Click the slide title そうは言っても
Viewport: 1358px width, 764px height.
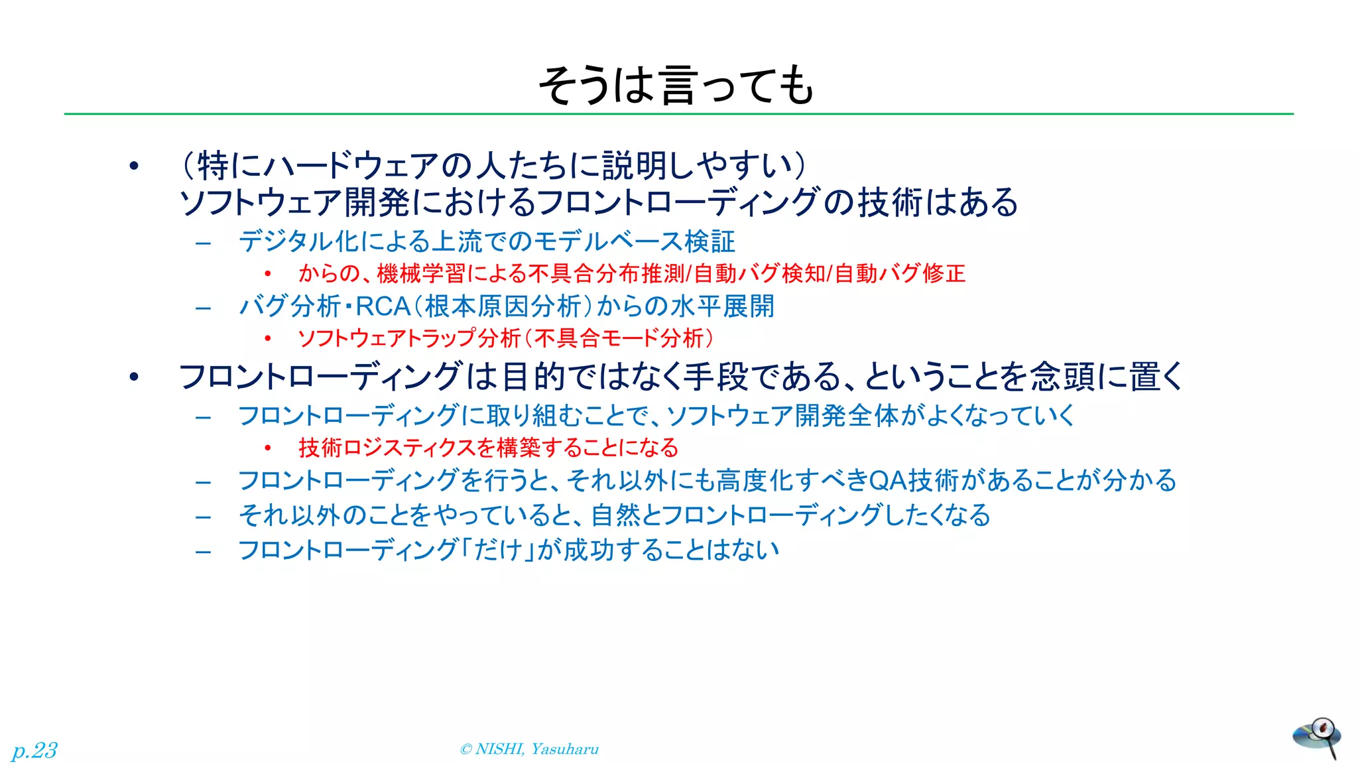click(x=676, y=86)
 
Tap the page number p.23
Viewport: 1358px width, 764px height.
click(x=34, y=750)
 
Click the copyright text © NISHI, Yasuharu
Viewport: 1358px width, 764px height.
click(x=529, y=749)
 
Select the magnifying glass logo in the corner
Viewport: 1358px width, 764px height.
click(x=1317, y=737)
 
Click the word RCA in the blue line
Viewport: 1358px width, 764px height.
click(x=383, y=307)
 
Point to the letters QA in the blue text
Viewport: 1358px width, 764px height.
click(x=887, y=481)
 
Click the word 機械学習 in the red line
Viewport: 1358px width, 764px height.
click(x=422, y=273)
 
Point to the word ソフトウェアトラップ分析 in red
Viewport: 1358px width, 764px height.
click(x=409, y=338)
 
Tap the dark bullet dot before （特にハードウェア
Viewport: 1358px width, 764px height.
click(x=135, y=166)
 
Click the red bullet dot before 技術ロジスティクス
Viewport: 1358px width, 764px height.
click(x=267, y=448)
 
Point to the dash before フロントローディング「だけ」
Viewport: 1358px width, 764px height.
click(x=204, y=550)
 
